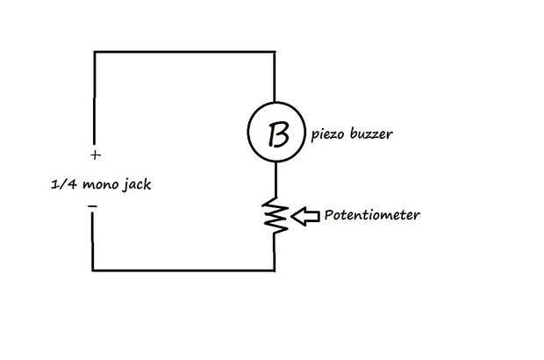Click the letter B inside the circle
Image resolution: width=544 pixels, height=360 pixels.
[x=276, y=134]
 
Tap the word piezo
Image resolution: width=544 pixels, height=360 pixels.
[x=327, y=136]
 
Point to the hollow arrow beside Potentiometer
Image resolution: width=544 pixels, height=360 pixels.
[x=306, y=216]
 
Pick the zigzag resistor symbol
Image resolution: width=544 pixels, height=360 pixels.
[x=276, y=217]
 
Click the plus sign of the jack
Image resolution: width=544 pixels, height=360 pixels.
[x=94, y=156]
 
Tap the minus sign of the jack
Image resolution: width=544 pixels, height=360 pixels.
[x=93, y=207]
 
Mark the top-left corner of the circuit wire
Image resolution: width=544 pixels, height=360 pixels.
[x=94, y=53]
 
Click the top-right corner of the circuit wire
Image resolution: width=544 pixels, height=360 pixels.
[x=276, y=53]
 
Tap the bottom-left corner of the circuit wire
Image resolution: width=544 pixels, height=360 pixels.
[x=94, y=270]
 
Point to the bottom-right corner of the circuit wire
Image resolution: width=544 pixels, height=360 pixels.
[x=276, y=270]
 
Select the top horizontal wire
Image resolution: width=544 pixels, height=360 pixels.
[x=184, y=53]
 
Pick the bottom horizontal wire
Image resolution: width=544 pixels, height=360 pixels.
[x=184, y=270]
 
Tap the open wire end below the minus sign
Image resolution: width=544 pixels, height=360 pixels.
[x=94, y=218]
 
